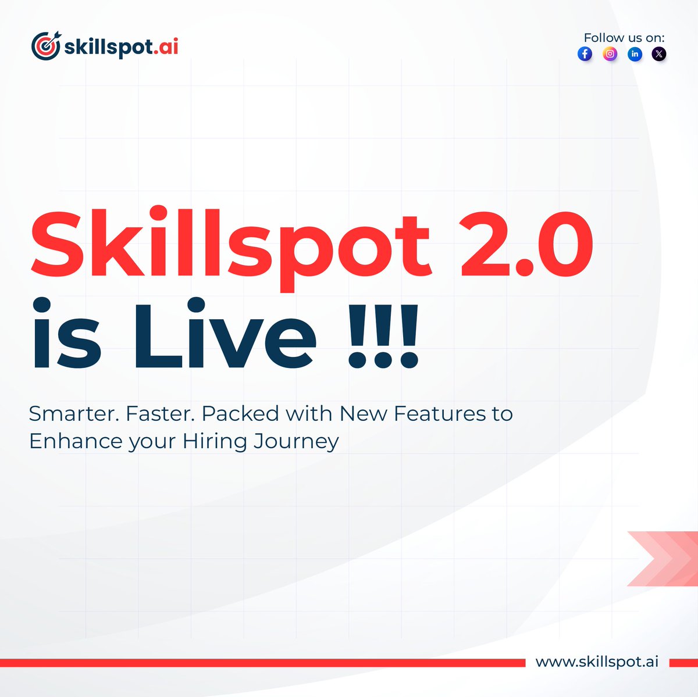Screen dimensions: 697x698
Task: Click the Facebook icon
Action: click(585, 54)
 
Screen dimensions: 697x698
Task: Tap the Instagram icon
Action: click(610, 54)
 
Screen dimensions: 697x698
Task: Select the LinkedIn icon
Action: click(635, 54)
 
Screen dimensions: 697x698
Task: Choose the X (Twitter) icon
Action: click(658, 54)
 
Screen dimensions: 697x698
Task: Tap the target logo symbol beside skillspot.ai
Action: click(45, 47)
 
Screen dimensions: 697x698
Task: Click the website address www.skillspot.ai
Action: click(597, 662)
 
